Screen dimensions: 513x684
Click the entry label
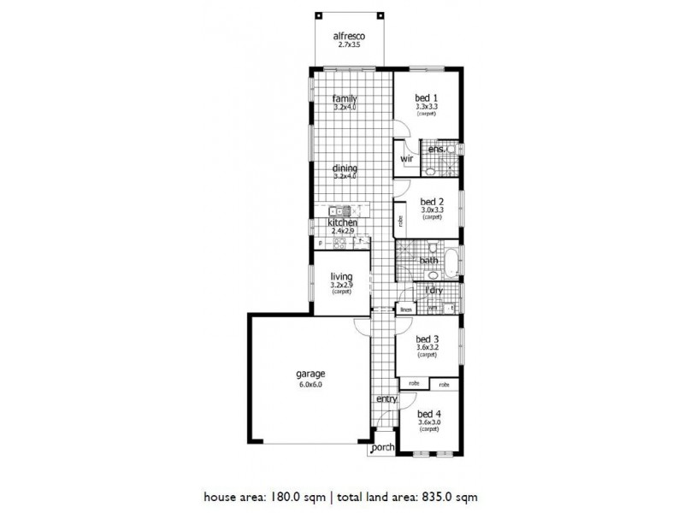386,399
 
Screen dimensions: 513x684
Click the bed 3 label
427,338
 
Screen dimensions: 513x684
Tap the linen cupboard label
406,309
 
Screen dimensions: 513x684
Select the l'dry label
433,291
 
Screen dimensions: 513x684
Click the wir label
407,159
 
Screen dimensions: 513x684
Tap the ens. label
438,150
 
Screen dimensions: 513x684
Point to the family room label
345,99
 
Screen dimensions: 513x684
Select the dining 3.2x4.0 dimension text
345,176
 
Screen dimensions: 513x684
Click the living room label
344,276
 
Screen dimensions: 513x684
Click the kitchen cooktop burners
339,243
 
